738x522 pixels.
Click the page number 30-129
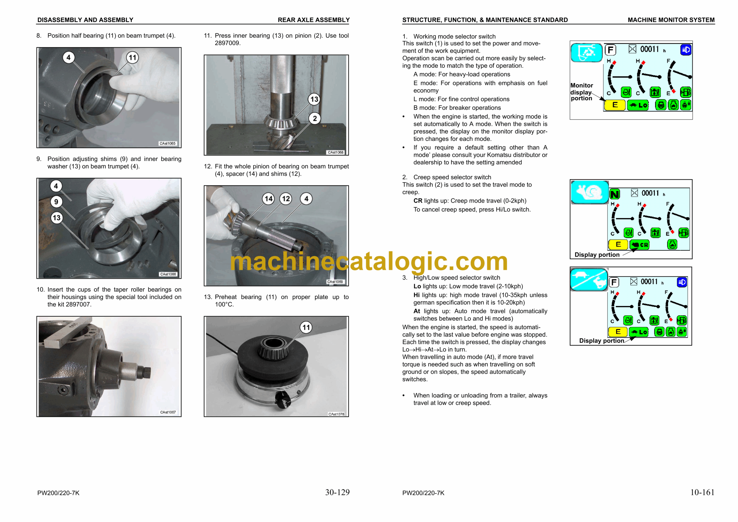pos(337,492)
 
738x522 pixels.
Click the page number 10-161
pos(702,492)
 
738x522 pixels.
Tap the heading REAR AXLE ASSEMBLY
pos(314,20)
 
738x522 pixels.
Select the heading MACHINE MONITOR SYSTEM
pos(671,20)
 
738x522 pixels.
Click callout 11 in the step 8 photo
pos(132,58)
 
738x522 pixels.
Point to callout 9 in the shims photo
pos(56,202)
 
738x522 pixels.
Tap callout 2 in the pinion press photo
pos(315,118)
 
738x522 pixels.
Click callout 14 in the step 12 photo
pos(269,199)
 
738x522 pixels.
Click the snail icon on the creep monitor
pos(590,192)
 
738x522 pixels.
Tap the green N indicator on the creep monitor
pos(615,194)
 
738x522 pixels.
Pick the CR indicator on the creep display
pos(639,245)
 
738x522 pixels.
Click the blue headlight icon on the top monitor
pos(686,50)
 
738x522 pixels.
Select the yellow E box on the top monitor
pos(615,105)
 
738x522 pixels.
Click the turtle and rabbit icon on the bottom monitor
pos(589,279)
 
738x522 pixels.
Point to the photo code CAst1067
pos(168,412)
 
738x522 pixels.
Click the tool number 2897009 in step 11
pos(227,43)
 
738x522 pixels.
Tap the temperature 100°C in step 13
pos(224,304)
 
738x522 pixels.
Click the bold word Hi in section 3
pos(417,295)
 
